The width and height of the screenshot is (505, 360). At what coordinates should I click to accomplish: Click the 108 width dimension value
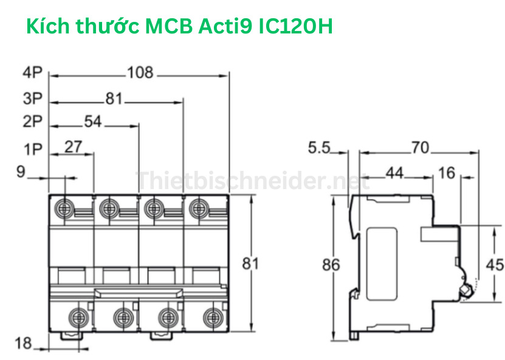pyautogui.click(x=140, y=74)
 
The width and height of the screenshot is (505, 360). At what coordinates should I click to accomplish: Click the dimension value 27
pyautogui.click(x=74, y=147)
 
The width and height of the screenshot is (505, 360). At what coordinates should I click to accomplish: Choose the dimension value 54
pyautogui.click(x=92, y=122)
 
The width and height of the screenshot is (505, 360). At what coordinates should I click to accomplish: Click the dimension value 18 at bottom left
pyautogui.click(x=23, y=344)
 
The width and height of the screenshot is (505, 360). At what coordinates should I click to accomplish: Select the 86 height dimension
pyautogui.click(x=331, y=265)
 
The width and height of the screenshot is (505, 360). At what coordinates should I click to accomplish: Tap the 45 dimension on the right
pyautogui.click(x=495, y=265)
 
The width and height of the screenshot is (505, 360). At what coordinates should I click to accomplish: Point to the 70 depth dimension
pyautogui.click(x=419, y=148)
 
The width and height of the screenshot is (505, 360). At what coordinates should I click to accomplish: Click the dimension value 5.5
pyautogui.click(x=318, y=148)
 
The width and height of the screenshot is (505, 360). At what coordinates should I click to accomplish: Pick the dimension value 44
pyautogui.click(x=394, y=173)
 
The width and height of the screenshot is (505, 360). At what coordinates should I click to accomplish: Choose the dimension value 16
pyautogui.click(x=446, y=173)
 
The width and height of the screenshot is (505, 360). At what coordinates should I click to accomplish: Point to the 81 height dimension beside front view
pyautogui.click(x=251, y=264)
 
